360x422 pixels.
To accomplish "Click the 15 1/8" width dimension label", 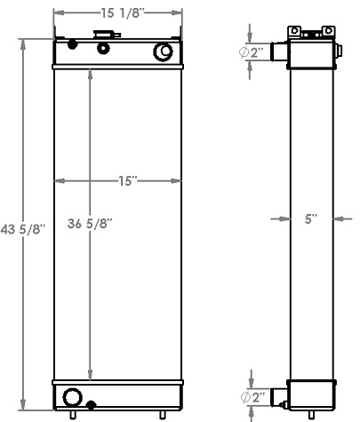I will click(x=118, y=14).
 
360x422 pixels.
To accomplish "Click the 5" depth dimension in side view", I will click(x=310, y=217).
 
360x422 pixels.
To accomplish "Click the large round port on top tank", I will click(x=164, y=52).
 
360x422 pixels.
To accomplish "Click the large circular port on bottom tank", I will click(x=71, y=396).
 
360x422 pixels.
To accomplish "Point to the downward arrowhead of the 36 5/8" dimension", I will click(x=89, y=376).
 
